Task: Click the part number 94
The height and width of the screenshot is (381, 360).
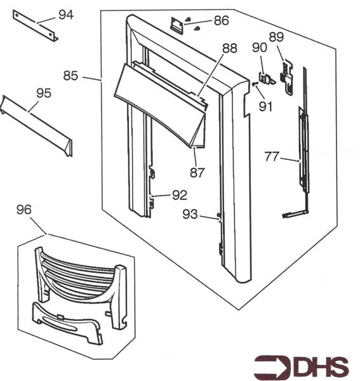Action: pyautogui.click(x=66, y=15)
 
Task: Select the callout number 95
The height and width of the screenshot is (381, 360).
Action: pyautogui.click(x=44, y=93)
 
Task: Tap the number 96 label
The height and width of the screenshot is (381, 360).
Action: pyautogui.click(x=24, y=210)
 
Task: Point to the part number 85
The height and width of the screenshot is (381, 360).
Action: pyautogui.click(x=70, y=76)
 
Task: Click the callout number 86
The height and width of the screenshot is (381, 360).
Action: pyautogui.click(x=222, y=21)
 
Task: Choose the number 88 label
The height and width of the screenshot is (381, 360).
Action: pyautogui.click(x=230, y=48)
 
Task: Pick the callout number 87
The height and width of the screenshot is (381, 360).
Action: pyautogui.click(x=197, y=173)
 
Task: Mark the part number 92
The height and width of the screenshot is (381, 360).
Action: pyautogui.click(x=180, y=195)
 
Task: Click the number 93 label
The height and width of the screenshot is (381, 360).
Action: pyautogui.click(x=190, y=215)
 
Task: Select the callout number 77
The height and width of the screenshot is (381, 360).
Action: pyautogui.click(x=272, y=157)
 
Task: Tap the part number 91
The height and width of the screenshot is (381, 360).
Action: pyautogui.click(x=265, y=107)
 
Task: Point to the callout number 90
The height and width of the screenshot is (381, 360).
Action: pyautogui.click(x=260, y=48)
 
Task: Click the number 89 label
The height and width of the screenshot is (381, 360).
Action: pyautogui.click(x=276, y=37)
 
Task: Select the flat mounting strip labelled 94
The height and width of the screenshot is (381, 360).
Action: pyautogui.click(x=36, y=26)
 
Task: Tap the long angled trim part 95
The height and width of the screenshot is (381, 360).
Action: pyautogui.click(x=36, y=126)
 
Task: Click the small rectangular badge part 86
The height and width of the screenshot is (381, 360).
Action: pyautogui.click(x=177, y=24)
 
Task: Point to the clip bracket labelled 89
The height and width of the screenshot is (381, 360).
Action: pyautogui.click(x=286, y=77)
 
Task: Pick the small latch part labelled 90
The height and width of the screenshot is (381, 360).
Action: pyautogui.click(x=267, y=78)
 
